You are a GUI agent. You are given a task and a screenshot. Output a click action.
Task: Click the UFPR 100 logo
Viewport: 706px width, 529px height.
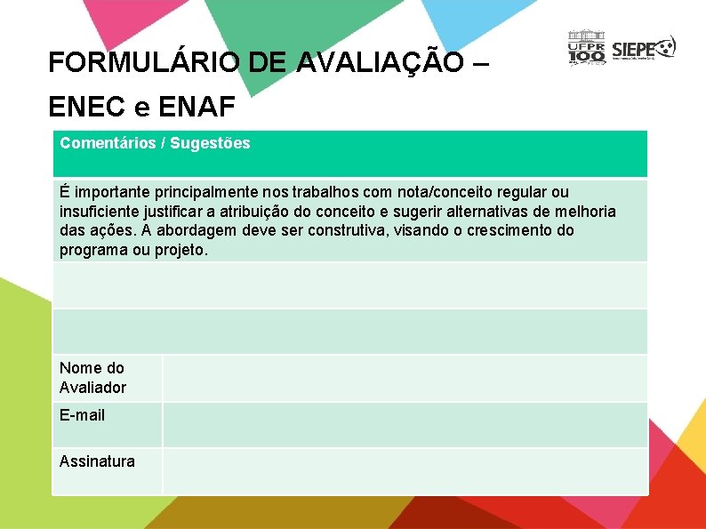point(586,48)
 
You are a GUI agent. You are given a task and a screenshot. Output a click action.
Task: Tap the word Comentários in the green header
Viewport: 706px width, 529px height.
point(105,143)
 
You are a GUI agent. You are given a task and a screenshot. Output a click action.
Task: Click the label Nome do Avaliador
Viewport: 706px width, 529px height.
point(92,378)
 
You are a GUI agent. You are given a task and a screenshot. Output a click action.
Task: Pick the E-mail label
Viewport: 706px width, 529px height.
point(82,415)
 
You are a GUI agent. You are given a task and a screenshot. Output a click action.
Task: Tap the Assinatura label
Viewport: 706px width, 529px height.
point(97,461)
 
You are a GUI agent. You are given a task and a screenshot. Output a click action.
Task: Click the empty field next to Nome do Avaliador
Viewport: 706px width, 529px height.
point(405,378)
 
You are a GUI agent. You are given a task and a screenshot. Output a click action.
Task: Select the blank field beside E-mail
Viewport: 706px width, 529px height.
point(405,424)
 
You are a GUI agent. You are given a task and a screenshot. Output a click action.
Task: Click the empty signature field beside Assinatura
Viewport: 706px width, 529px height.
point(405,470)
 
